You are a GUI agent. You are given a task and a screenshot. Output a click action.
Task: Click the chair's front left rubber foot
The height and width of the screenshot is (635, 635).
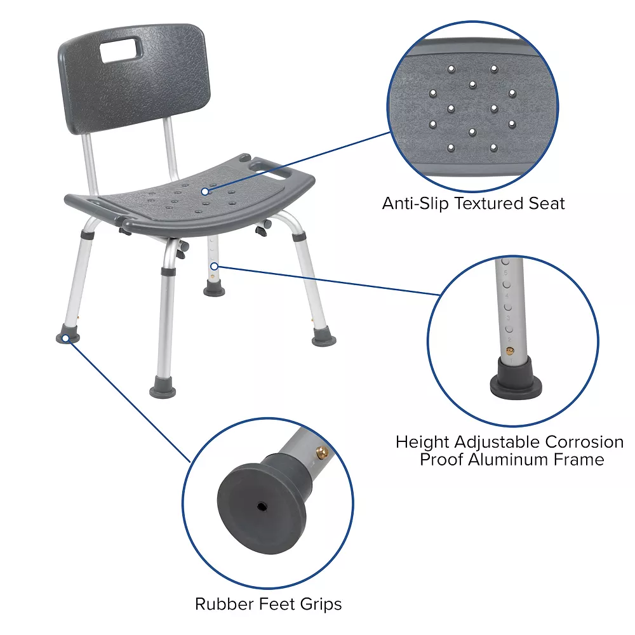(162, 387)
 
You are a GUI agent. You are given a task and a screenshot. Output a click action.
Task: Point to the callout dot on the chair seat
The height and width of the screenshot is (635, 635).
(205, 190)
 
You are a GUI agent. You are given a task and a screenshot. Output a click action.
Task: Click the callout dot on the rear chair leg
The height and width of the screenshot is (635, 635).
(215, 266)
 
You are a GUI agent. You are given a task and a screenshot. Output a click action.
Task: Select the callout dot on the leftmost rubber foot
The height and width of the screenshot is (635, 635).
(65, 338)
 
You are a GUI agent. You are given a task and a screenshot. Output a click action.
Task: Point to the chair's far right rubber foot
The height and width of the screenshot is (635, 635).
(324, 340)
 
